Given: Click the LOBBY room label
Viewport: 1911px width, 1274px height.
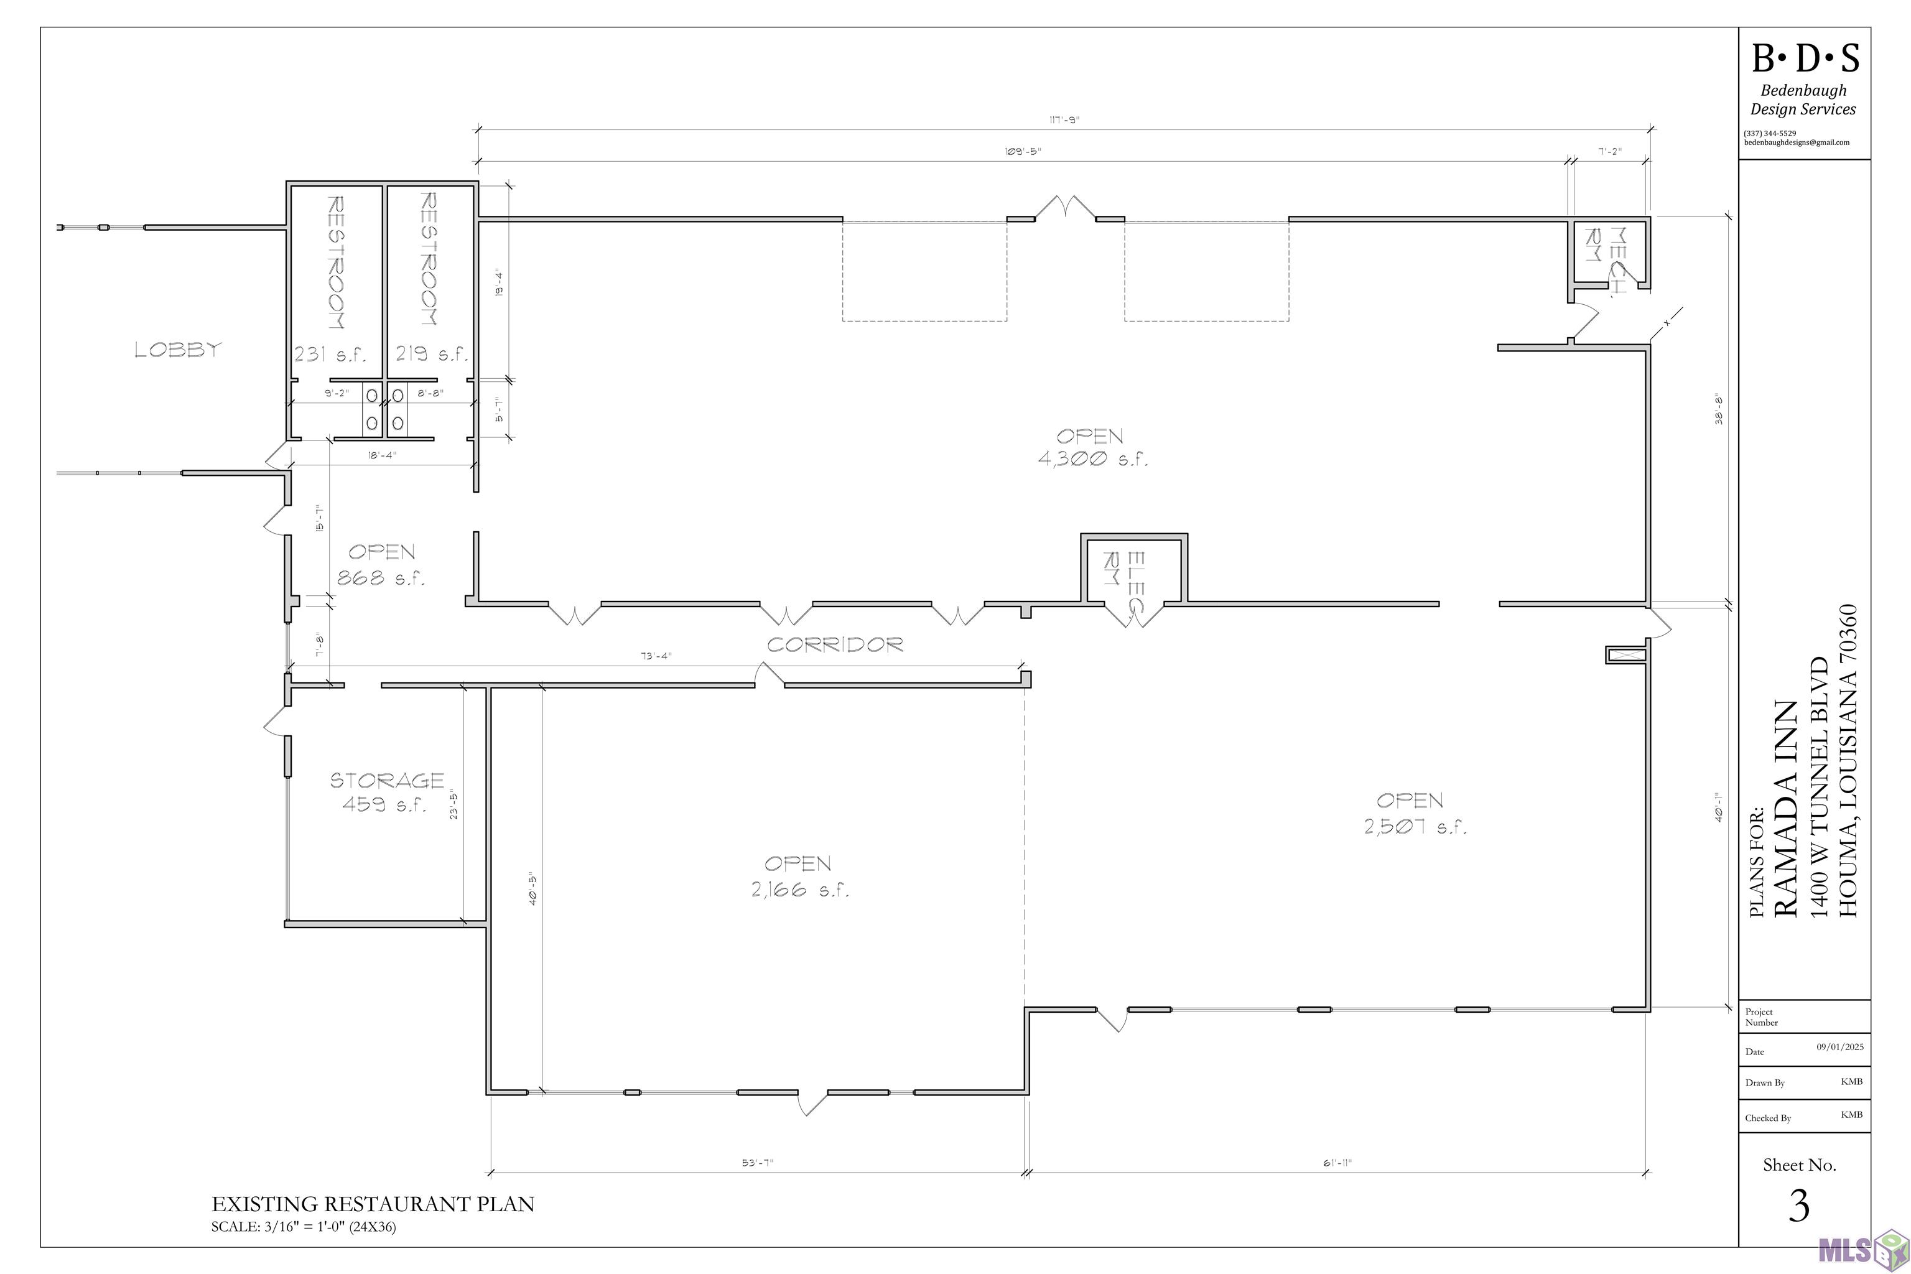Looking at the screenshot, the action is tap(178, 350).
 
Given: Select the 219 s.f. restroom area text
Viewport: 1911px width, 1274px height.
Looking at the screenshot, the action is tap(432, 354).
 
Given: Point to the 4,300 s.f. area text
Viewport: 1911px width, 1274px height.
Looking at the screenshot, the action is tap(1093, 459).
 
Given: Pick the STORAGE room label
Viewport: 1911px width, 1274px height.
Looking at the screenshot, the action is tap(387, 781).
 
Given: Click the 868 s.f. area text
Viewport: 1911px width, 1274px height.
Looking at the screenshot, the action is tap(381, 579).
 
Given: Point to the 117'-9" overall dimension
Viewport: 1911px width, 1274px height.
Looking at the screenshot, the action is tap(1064, 120).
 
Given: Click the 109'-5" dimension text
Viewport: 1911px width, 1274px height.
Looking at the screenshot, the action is tap(1022, 152).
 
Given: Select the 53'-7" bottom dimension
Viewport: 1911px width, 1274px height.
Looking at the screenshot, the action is tap(757, 1163).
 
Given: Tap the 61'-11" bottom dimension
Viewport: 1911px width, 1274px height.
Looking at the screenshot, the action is tap(1337, 1163).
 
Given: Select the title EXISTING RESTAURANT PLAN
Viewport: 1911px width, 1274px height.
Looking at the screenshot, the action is tap(373, 1204).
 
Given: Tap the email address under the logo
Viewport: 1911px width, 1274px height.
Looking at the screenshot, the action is tap(1797, 142).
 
